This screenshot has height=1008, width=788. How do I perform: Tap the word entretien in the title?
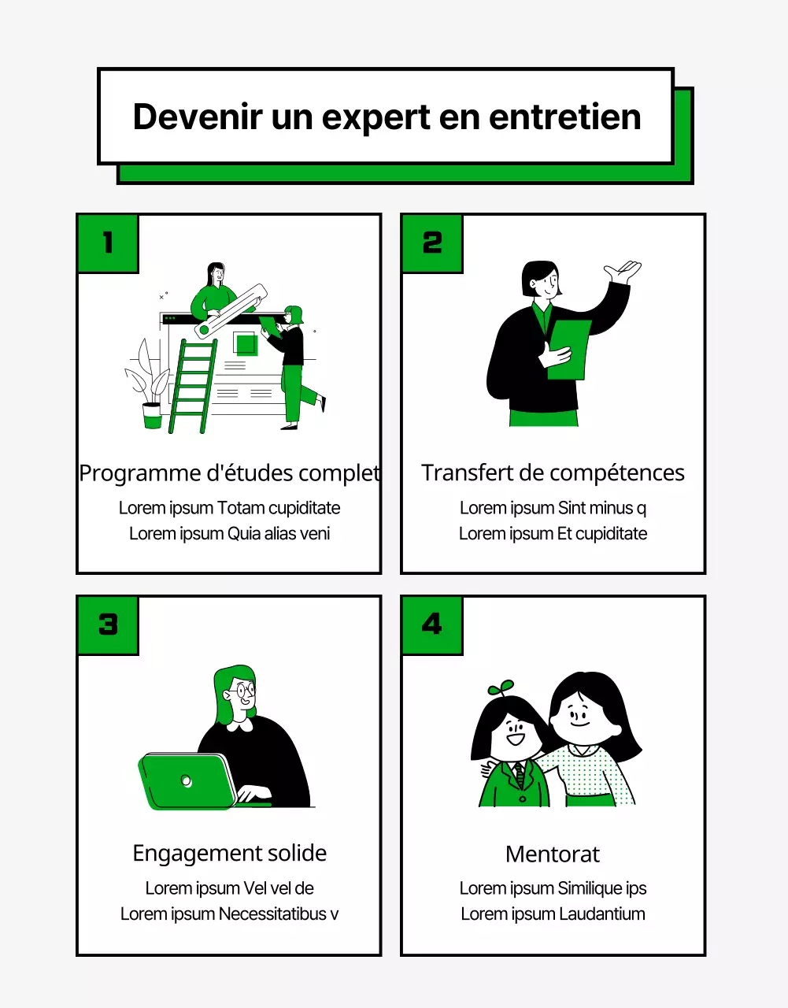tap(564, 117)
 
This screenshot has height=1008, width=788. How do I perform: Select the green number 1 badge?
tap(108, 243)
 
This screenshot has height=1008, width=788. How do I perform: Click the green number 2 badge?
tap(432, 243)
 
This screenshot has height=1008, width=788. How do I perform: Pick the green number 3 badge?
tap(108, 624)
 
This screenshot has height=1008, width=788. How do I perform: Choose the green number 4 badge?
tap(432, 624)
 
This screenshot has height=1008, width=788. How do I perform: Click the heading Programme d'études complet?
tap(229, 472)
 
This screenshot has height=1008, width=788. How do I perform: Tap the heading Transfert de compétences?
tap(553, 472)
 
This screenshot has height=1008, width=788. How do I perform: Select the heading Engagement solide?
tap(229, 853)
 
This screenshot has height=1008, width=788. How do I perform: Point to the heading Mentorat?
tap(553, 854)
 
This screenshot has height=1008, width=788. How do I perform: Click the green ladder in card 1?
tap(193, 386)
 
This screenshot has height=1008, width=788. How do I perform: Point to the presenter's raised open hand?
tap(623, 272)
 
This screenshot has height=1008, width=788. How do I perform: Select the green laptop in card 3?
tap(187, 780)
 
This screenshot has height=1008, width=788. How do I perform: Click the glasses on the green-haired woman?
tap(243, 691)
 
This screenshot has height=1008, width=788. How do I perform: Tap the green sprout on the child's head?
tap(501, 687)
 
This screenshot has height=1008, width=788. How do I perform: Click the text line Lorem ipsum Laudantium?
tap(553, 913)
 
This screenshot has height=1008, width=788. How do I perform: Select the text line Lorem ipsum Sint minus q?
tap(553, 508)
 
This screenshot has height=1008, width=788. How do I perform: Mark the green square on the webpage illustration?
tap(246, 344)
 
